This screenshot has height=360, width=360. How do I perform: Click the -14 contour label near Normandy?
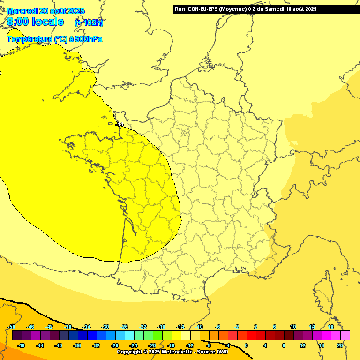pyautogui.click(x=120, y=124)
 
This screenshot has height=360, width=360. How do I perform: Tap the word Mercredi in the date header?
pyautogui.click(x=23, y=10)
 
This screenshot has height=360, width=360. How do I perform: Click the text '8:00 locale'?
pyautogui.click(x=36, y=22)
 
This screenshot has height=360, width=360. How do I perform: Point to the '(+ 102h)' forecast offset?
pyautogui.click(x=89, y=22)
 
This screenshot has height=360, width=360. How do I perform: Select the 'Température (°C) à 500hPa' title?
pyautogui.click(x=54, y=39)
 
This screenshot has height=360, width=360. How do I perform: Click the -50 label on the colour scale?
pyautogui.click(x=12, y=327)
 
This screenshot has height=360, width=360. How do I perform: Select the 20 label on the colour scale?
pyautogui.click(x=340, y=345)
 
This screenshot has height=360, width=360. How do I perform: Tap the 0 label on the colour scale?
pyautogui.click(x=246, y=345)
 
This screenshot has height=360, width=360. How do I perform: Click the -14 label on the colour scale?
pyautogui.click(x=180, y=327)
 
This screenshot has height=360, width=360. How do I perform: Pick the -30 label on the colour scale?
pyautogui.click(x=105, y=327)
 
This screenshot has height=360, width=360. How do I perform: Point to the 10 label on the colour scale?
pyautogui.click(x=293, y=327)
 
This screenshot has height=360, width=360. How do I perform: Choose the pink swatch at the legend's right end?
pyautogui.click(x=345, y=336)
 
